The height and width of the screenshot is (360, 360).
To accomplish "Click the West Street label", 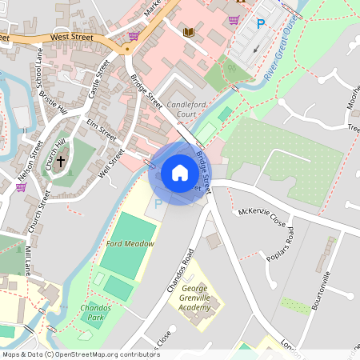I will click(x=71, y=37).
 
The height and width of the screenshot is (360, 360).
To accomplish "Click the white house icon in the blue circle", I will click(x=180, y=173).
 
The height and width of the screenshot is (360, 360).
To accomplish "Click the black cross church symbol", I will click(x=61, y=161).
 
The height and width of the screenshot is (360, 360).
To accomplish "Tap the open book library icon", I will click(x=189, y=32).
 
